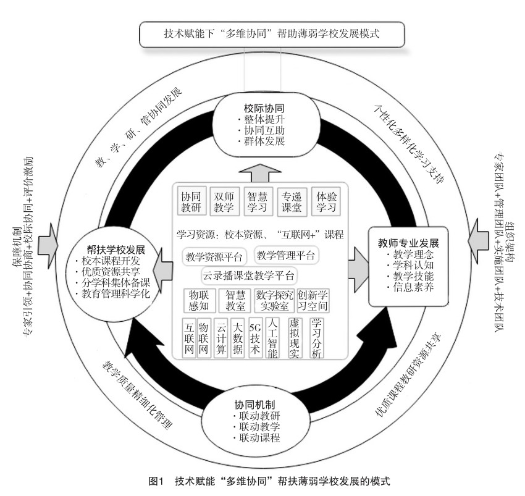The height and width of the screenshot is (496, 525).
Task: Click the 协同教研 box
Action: click(x=191, y=201)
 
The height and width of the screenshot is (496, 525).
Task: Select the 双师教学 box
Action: click(x=224, y=201)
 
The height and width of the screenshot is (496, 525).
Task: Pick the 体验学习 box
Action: click(x=325, y=201)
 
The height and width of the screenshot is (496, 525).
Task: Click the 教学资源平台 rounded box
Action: click(x=213, y=256)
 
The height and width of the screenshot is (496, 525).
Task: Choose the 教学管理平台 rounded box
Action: click(x=286, y=254)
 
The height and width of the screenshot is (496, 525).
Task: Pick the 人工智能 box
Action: click(x=273, y=338)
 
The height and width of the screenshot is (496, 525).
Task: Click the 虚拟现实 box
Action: click(x=296, y=338)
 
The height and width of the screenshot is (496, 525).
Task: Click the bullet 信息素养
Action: click(x=408, y=287)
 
